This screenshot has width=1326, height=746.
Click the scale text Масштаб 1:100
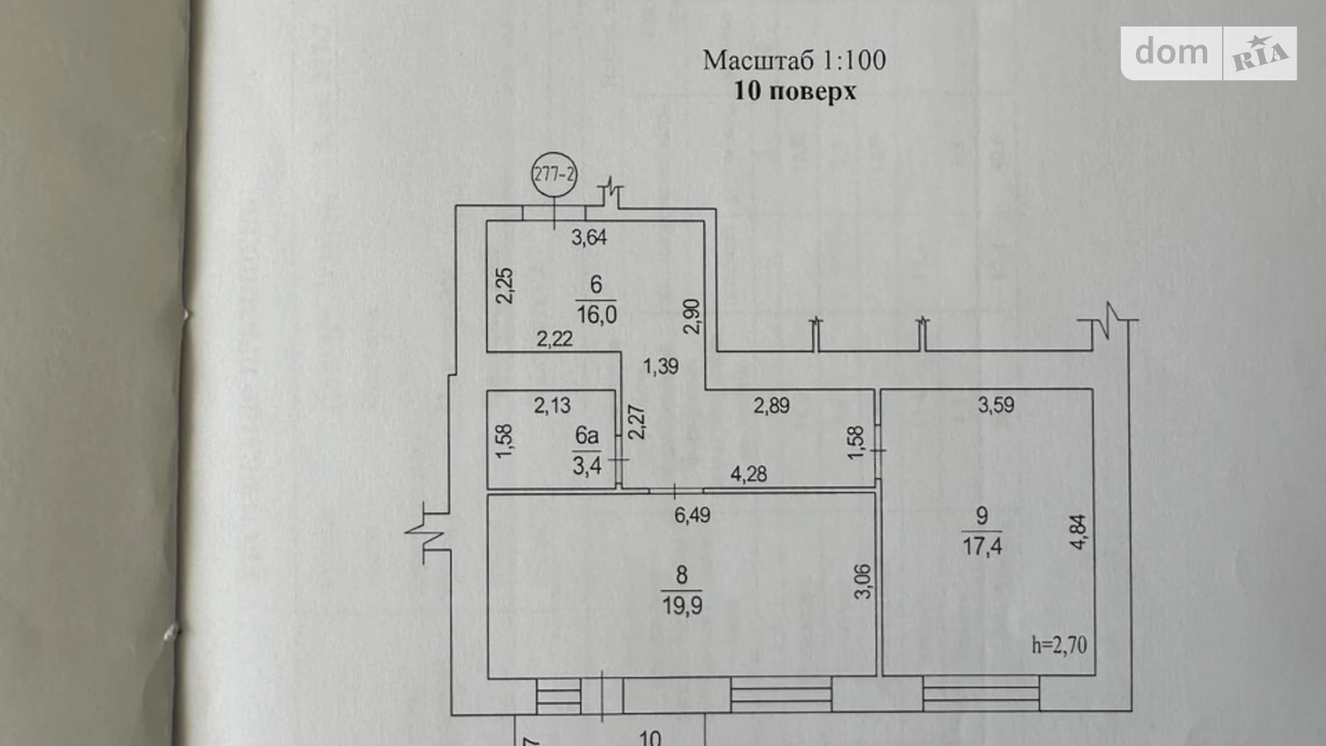(x=794, y=60)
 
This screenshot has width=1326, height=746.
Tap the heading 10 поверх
(x=795, y=92)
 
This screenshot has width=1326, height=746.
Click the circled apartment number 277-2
(x=554, y=174)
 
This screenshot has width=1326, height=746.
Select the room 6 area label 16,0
(x=596, y=313)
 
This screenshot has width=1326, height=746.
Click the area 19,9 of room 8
(x=682, y=605)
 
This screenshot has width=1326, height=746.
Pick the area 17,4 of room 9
(x=982, y=546)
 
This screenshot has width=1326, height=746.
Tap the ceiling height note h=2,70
(x=1059, y=645)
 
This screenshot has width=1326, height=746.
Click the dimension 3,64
(x=588, y=237)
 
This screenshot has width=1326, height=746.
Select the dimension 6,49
(x=692, y=514)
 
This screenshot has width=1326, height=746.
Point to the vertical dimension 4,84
(x=1078, y=532)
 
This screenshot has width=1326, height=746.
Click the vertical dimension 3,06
(x=864, y=582)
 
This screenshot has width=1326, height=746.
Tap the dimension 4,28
(x=748, y=473)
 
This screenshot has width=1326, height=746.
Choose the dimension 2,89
(x=771, y=405)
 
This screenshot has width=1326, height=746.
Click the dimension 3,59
(x=996, y=405)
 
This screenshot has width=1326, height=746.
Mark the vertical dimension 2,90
(x=692, y=316)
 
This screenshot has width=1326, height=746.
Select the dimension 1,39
(x=660, y=367)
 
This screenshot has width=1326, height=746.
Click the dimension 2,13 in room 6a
(x=552, y=406)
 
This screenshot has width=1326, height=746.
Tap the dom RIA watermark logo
(x=1209, y=53)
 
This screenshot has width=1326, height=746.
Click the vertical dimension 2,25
(x=505, y=285)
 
